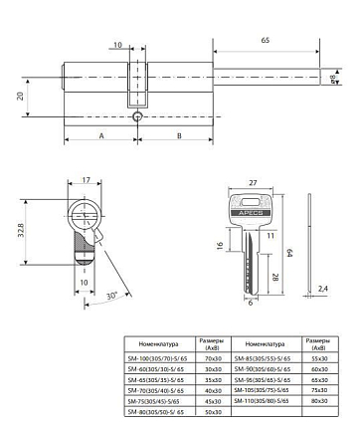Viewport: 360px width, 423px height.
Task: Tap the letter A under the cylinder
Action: pyautogui.click(x=102, y=134)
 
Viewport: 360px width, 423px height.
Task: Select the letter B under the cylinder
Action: pyautogui.click(x=177, y=134)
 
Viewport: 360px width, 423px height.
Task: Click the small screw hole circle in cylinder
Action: pyautogui.click(x=138, y=117)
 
